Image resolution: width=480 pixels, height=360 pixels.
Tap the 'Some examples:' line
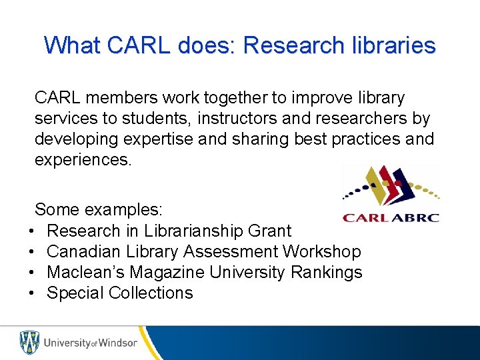[x=98, y=210]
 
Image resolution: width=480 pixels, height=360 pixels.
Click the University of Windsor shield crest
[x=29, y=342]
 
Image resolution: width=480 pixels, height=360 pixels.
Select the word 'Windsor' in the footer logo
[x=118, y=343]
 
